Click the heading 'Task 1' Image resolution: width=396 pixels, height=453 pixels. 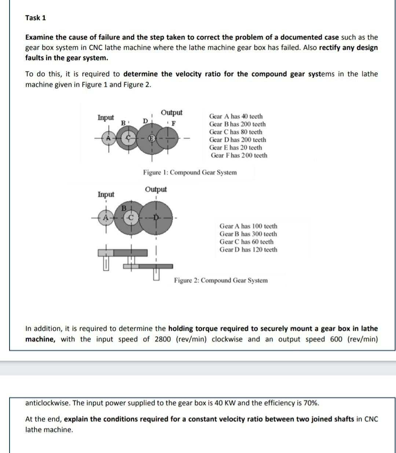coord(36,18)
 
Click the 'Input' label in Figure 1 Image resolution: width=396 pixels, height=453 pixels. coord(106,117)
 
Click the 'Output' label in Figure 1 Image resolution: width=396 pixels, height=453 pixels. coord(172,112)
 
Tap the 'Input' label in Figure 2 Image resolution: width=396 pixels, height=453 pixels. coord(106,194)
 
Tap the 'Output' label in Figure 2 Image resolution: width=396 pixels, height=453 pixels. coord(156,189)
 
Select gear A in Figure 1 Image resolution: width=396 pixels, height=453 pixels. coord(108,138)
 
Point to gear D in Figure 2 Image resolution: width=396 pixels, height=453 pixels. coord(157,218)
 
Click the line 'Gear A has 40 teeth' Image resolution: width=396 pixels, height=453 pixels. coord(236,116)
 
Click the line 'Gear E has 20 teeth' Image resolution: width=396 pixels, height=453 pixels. coord(235,147)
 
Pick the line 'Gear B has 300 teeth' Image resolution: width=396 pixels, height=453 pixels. coord(248,234)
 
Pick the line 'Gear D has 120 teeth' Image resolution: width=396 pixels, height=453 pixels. coord(248,250)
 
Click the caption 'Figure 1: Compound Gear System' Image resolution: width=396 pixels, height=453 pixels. coord(190,172)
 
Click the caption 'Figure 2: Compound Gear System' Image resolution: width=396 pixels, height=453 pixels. coord(221,280)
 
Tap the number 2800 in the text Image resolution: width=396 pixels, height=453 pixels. coord(162,339)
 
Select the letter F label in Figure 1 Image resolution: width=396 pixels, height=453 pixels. coord(174,123)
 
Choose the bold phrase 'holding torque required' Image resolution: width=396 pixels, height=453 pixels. coord(208,328)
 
